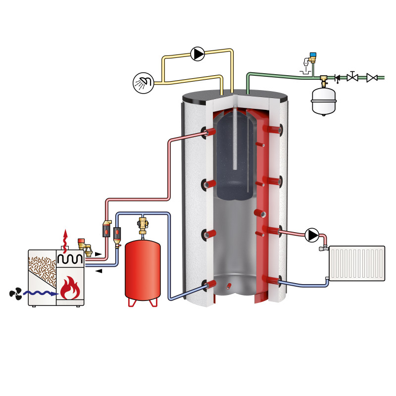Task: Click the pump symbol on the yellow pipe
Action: [198, 53]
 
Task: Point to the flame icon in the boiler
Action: [69, 289]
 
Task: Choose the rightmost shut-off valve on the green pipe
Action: [372, 78]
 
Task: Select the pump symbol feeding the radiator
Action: [312, 234]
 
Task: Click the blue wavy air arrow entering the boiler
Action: [42, 294]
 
